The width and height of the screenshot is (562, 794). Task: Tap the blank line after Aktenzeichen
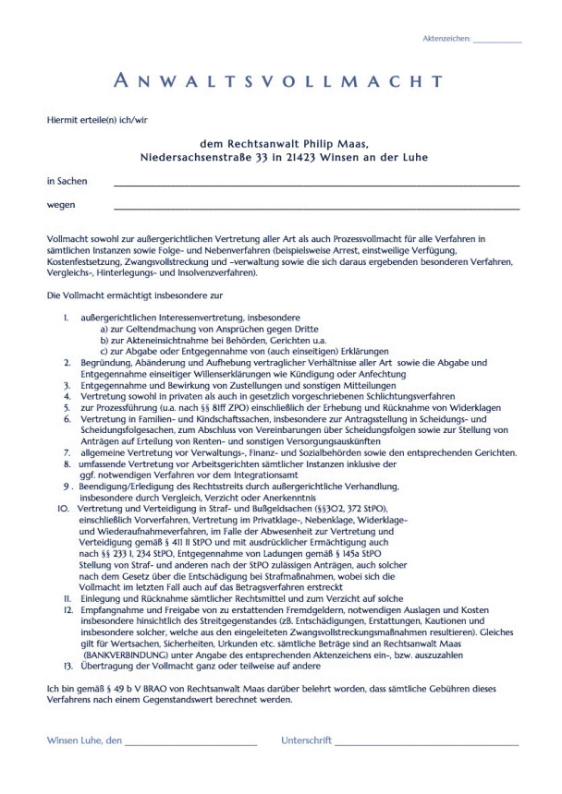tap(496, 42)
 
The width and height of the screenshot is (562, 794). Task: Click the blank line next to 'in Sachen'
tap(315, 185)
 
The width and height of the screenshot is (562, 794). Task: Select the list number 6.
tap(67, 418)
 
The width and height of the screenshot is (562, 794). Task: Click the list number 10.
tap(63, 509)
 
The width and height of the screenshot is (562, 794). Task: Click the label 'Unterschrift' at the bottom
tap(306, 740)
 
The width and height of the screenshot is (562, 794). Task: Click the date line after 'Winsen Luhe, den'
tap(190, 743)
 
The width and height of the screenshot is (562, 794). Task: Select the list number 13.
tap(67, 665)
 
